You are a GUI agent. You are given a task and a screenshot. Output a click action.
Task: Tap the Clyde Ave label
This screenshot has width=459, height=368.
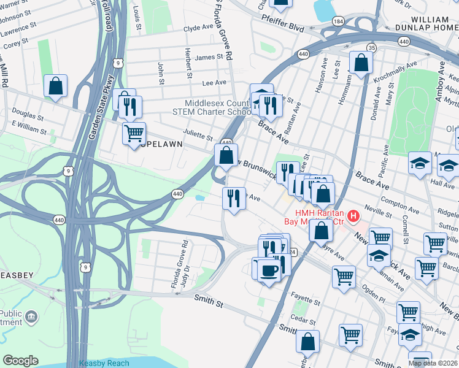[x=198, y=28]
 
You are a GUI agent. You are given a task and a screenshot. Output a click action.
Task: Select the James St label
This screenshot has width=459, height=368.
[x=207, y=58]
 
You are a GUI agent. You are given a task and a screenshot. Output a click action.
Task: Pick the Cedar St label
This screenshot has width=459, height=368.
[x=303, y=318]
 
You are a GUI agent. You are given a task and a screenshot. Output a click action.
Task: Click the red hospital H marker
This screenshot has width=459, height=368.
[x=353, y=216]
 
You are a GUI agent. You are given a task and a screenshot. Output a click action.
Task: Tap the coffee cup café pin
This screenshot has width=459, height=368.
[x=269, y=269]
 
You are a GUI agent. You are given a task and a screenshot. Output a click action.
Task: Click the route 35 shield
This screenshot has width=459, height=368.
[x=371, y=48]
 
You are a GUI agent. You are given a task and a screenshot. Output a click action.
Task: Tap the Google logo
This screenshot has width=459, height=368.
[x=20, y=361]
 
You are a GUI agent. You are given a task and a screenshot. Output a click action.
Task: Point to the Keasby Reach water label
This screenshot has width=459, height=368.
[x=104, y=363]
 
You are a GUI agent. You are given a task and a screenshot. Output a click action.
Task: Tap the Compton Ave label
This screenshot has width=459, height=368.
[x=395, y=200]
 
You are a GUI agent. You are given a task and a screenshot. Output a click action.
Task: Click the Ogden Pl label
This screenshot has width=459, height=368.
[x=373, y=295]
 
